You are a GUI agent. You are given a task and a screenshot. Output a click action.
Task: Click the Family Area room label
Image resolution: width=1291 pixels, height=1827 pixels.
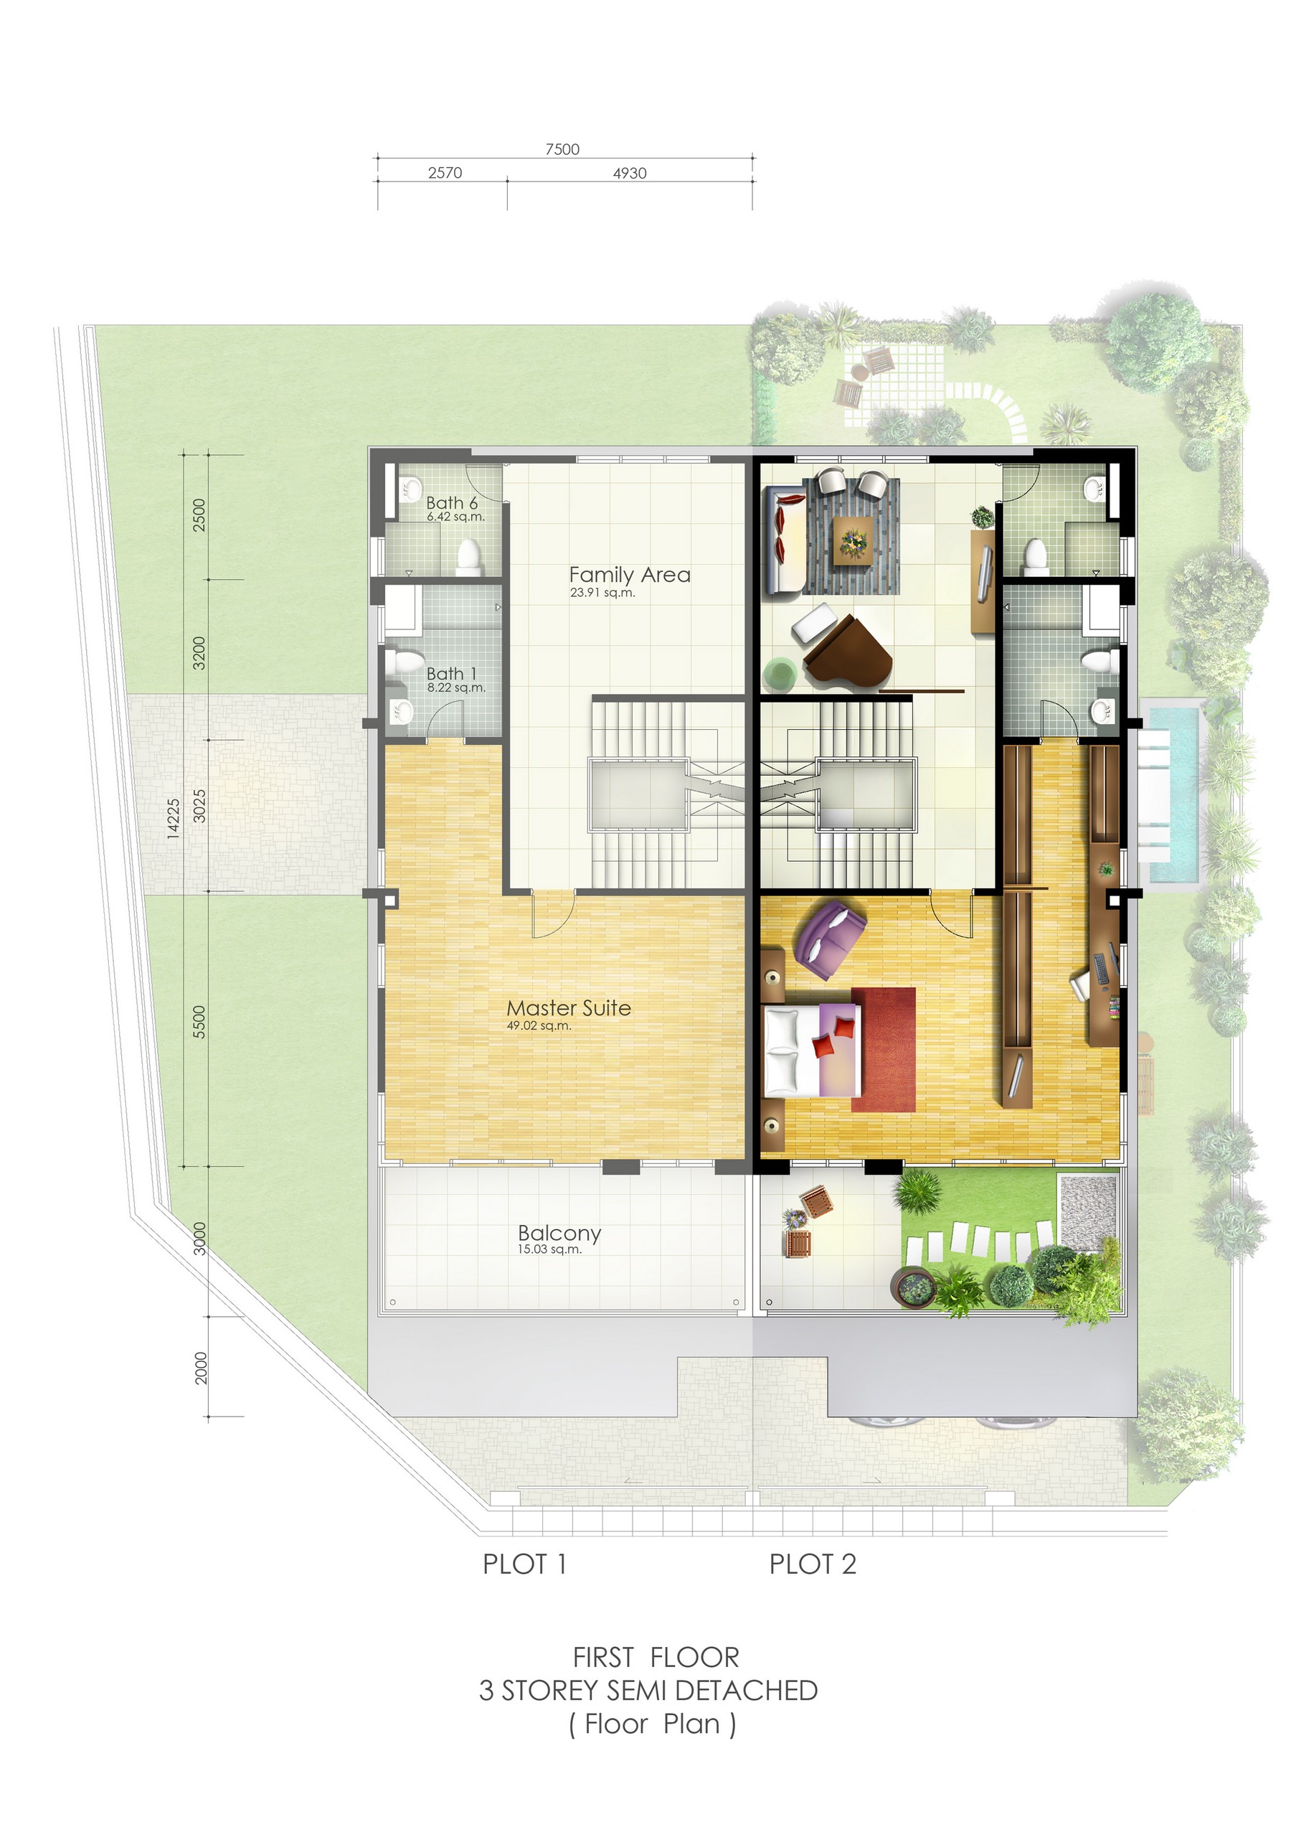coord(629,575)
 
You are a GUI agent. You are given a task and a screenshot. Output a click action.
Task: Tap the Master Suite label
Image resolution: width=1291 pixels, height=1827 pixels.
coord(569,1008)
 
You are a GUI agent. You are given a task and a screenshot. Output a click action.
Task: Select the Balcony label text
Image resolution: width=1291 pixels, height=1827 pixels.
coord(559,1233)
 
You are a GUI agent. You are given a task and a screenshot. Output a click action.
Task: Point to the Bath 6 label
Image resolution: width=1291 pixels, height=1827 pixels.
coord(452,503)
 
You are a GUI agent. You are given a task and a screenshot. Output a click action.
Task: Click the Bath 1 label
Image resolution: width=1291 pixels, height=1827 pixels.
coord(451,674)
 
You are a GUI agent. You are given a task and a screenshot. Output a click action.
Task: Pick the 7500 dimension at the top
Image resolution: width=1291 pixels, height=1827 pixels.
coord(562,149)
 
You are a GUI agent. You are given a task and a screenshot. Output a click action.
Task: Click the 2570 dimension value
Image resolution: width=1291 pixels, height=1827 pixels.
coord(445,173)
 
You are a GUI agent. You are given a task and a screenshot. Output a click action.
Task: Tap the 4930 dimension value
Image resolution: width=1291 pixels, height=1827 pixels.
coord(629,173)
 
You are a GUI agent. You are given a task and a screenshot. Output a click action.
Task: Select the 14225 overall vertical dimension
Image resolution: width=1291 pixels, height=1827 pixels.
coord(174,819)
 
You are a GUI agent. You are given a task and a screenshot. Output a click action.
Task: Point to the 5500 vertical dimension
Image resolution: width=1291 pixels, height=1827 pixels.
coord(199,1022)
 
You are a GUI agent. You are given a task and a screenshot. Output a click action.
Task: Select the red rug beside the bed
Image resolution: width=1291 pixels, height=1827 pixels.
coord(883,1050)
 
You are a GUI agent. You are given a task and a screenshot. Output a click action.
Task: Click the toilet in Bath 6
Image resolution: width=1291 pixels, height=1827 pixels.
coord(469,556)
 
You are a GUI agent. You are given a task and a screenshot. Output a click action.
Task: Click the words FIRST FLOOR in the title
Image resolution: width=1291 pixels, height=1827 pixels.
coord(656,1658)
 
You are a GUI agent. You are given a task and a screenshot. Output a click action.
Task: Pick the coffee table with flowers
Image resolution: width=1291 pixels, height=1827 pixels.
coord(853,540)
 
